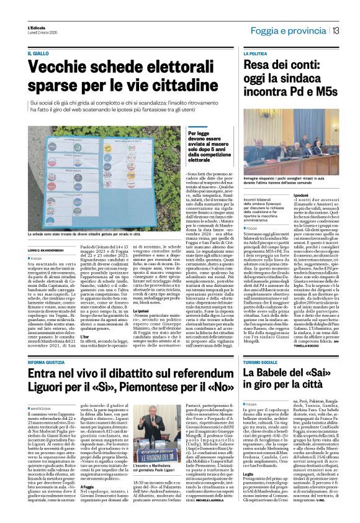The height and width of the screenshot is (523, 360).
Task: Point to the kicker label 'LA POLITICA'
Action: click(x=256, y=55)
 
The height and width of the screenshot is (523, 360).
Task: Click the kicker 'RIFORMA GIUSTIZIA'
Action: click(x=48, y=362)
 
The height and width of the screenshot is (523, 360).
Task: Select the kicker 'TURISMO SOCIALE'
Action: click(x=260, y=362)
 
